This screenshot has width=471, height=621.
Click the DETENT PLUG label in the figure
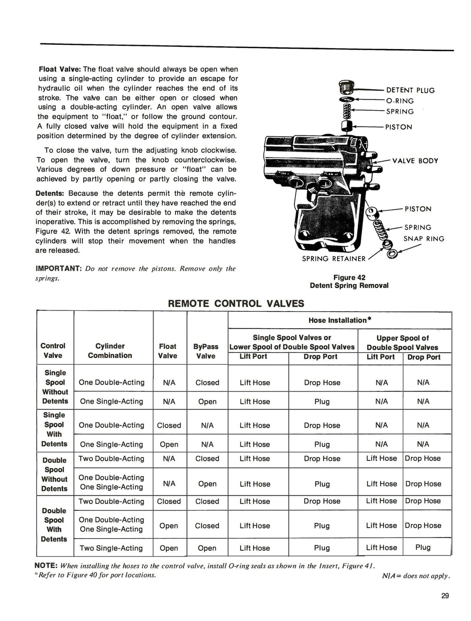click(410, 90)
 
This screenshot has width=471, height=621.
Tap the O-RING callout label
click(400, 101)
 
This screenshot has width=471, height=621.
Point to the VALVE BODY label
click(415, 161)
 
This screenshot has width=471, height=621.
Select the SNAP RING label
click(424, 239)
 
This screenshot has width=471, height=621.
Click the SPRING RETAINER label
click(333, 259)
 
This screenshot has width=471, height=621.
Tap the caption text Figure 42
click(349, 278)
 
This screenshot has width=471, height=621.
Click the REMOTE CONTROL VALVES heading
click(236, 303)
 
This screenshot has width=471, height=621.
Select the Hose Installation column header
click(340, 320)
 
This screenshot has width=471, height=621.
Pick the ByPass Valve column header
click(206, 351)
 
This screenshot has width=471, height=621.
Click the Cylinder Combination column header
click(110, 351)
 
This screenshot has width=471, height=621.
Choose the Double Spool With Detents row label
click(54, 525)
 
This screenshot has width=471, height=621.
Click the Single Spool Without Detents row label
click(55, 387)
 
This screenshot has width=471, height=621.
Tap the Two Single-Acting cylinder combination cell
click(111, 548)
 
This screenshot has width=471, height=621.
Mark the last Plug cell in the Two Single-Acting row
click(423, 547)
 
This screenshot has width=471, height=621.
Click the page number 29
click(445, 596)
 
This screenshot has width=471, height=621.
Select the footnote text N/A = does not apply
click(416, 576)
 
